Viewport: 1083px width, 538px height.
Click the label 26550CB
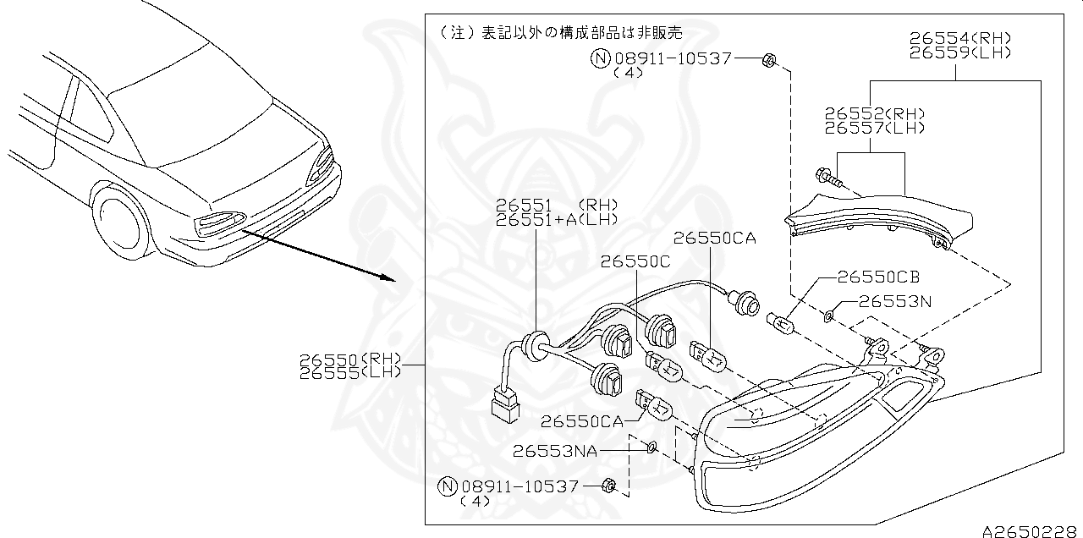click(878, 277)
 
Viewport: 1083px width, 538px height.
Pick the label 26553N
click(895, 300)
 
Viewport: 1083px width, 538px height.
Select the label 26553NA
click(554, 451)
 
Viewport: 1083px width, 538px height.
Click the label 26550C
click(635, 261)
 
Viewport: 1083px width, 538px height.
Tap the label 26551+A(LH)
click(557, 220)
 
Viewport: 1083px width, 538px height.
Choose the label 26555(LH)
click(349, 372)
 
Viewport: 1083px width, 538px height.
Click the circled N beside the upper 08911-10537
click(600, 58)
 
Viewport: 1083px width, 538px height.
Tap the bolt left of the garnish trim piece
click(827, 178)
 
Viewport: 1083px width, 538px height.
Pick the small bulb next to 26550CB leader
click(779, 321)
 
